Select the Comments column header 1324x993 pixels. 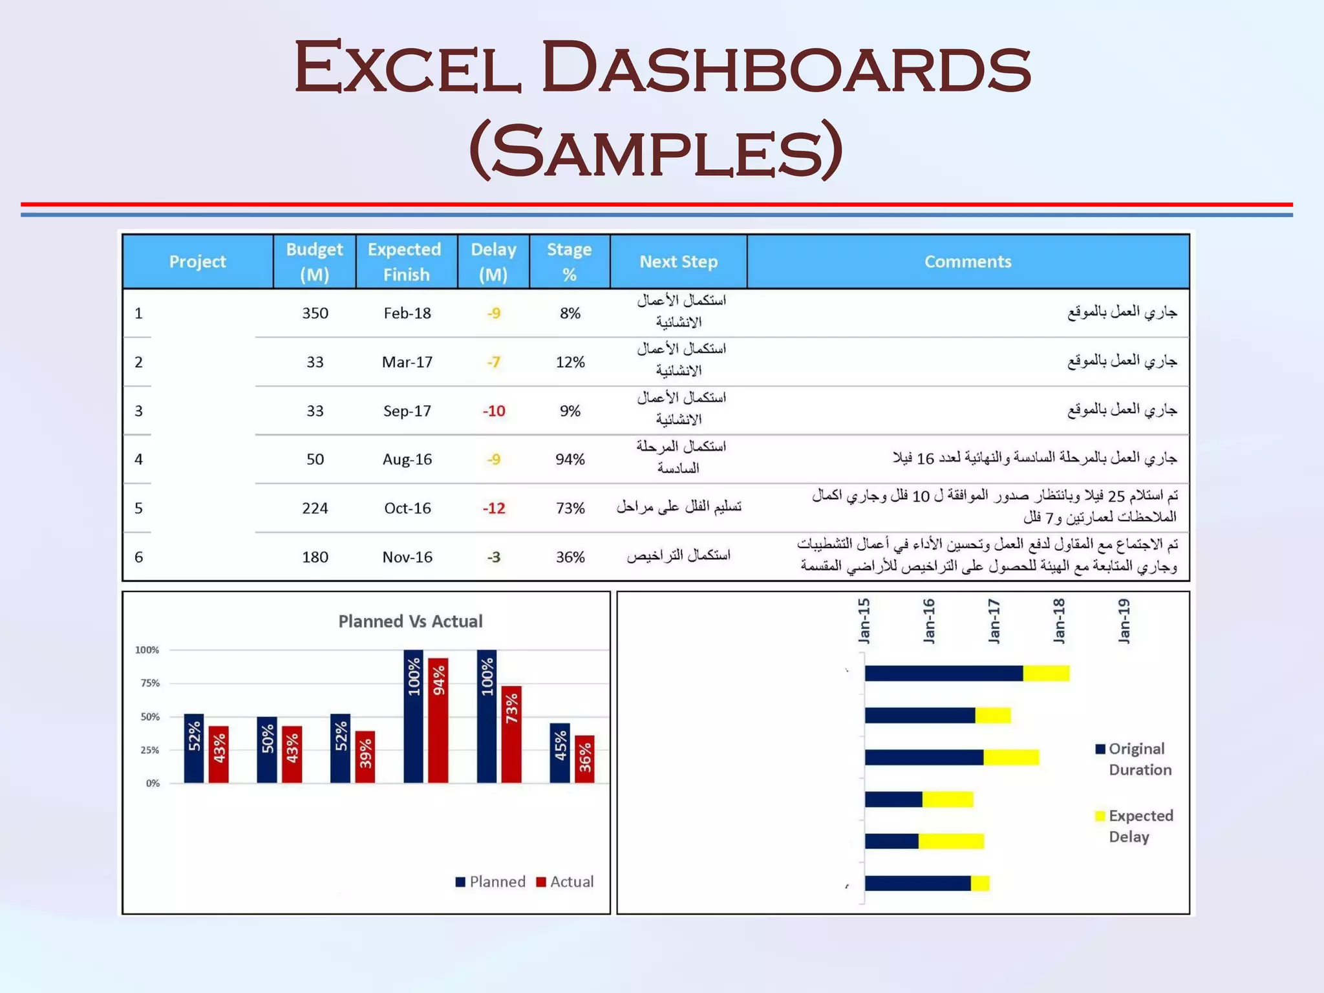[x=967, y=262]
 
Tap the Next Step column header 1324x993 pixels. [x=678, y=262]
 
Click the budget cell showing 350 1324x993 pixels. [x=315, y=314]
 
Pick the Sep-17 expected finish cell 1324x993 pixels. [x=407, y=411]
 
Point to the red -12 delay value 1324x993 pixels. [x=494, y=509]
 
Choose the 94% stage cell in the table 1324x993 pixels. [x=570, y=460]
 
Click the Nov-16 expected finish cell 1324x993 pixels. [x=407, y=557]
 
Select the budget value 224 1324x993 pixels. [x=315, y=509]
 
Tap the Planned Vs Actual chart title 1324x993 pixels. [x=411, y=621]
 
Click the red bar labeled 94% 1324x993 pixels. [x=438, y=721]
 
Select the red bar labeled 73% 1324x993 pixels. [x=511, y=735]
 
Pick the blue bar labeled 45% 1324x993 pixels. [x=560, y=753]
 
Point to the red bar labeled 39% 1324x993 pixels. [x=365, y=757]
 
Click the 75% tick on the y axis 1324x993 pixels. [x=150, y=683]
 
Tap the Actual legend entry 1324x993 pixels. [x=565, y=882]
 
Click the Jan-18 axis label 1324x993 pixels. [x=1059, y=621]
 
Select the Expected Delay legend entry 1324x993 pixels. [x=1135, y=826]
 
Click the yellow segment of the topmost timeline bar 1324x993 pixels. [x=1046, y=673]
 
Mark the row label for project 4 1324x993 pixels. [x=139, y=460]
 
